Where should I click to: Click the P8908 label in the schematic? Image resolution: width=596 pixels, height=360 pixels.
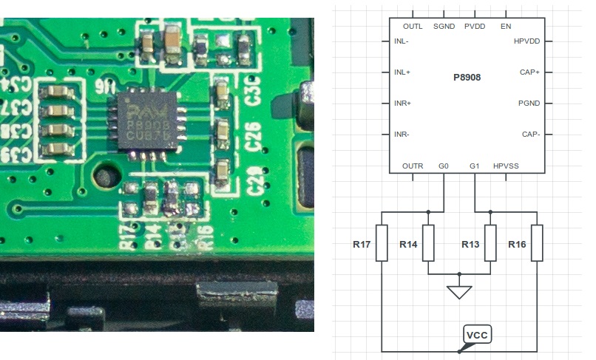(467, 78)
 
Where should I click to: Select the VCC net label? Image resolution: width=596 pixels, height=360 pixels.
(477, 335)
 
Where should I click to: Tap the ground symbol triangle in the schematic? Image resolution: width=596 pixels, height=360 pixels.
(459, 292)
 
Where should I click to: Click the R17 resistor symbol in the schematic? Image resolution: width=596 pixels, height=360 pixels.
(382, 243)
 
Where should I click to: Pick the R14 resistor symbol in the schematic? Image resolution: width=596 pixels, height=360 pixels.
(428, 243)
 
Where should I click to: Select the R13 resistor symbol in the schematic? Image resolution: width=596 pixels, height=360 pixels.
(490, 243)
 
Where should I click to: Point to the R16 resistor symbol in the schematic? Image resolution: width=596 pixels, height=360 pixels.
(537, 243)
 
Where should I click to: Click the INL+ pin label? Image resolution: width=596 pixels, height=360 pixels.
(402, 72)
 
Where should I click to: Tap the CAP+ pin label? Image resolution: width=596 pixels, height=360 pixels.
(529, 72)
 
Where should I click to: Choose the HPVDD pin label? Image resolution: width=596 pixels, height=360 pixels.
(526, 41)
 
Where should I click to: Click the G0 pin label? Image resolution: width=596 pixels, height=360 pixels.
(444, 166)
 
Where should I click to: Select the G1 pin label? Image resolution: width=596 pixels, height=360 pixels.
(474, 166)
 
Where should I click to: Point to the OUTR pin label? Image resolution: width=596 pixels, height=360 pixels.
(413, 166)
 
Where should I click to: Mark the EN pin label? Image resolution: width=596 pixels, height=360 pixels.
(506, 27)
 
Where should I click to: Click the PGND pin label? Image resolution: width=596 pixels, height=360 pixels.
(529, 103)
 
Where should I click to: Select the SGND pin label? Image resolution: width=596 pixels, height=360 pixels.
(444, 27)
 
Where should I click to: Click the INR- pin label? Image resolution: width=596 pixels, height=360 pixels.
(402, 135)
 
